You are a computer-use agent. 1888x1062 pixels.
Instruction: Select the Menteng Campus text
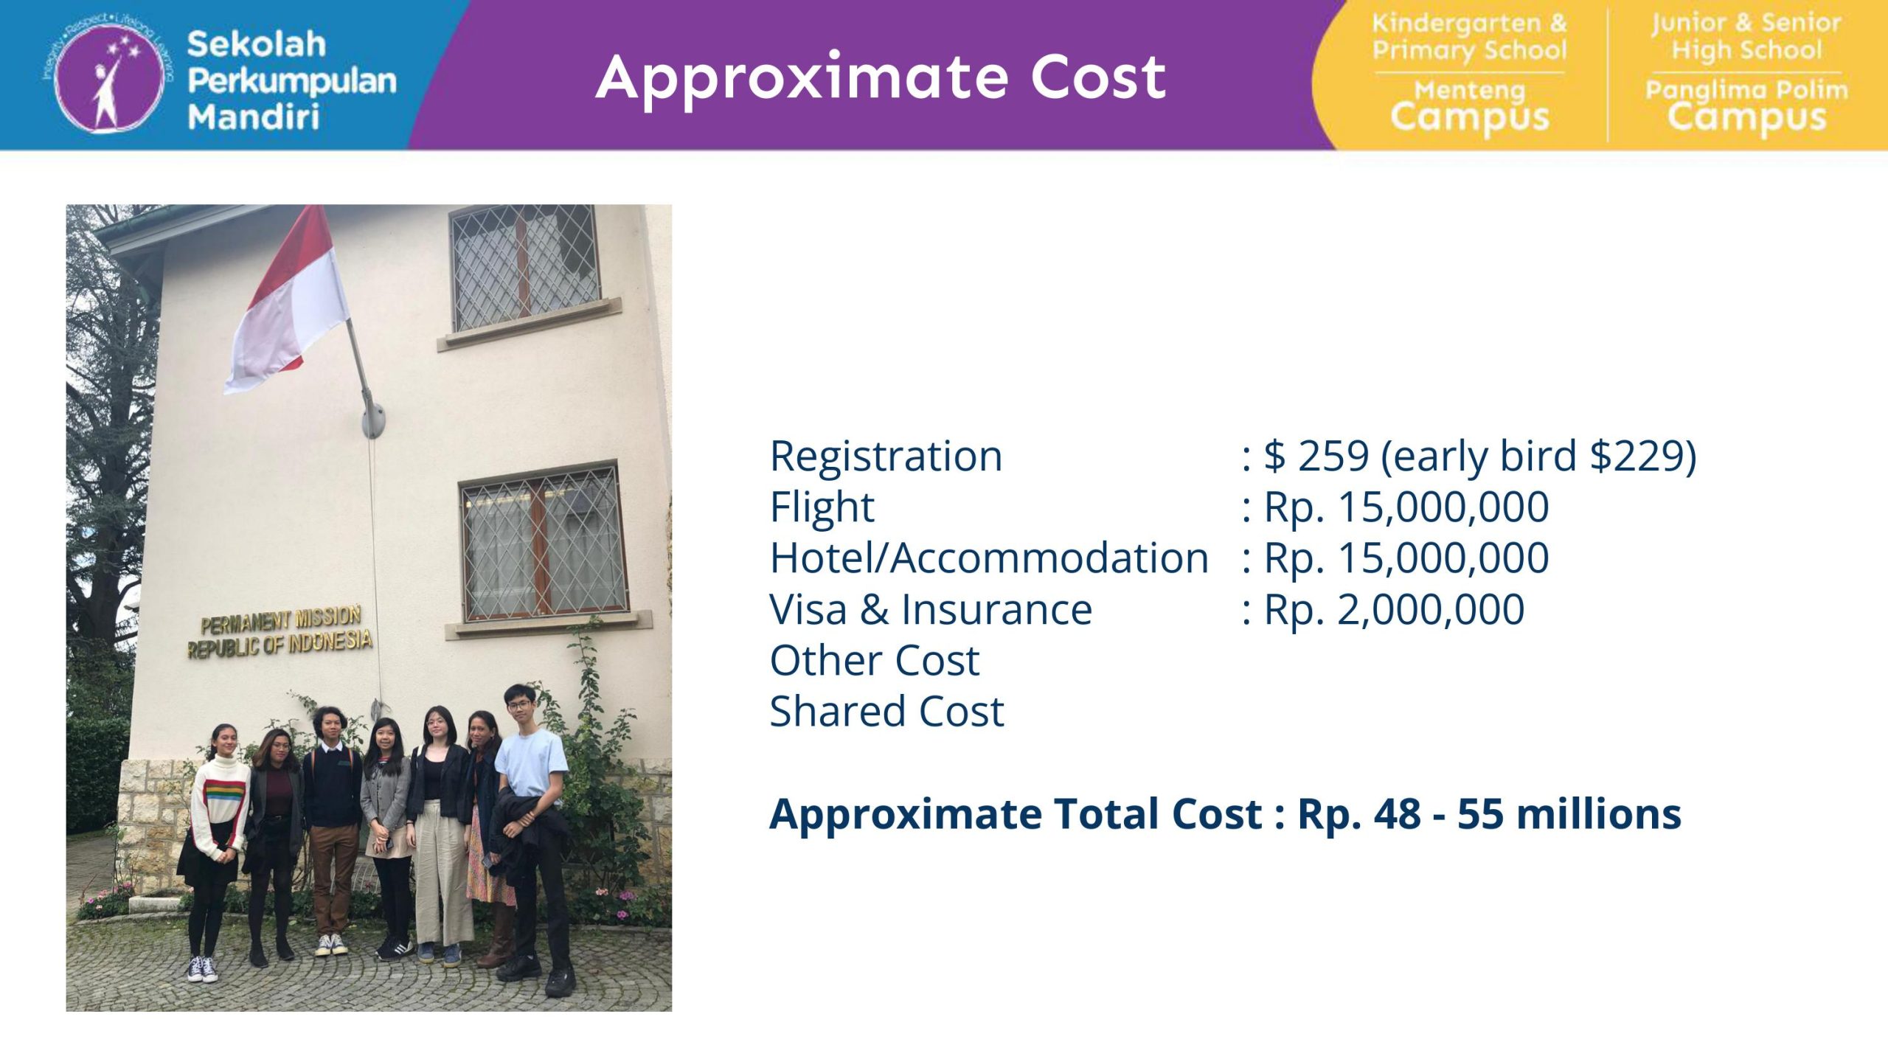[1469, 105]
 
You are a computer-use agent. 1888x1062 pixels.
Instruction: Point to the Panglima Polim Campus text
[1746, 105]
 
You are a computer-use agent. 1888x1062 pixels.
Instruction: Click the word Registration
[886, 457]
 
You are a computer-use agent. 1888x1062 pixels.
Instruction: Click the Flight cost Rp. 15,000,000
[1406, 507]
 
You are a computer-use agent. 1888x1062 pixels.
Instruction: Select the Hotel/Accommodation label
[989, 558]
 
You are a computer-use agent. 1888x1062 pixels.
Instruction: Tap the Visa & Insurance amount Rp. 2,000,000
[1394, 609]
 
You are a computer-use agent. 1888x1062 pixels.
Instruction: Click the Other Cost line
[875, 660]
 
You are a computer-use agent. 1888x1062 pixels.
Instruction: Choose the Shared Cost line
[886, 711]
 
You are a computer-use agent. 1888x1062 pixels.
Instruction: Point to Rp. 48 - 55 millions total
[1489, 814]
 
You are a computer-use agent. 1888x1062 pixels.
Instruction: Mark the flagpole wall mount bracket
[373, 420]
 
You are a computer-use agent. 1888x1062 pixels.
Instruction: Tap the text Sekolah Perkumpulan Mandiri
[291, 80]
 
